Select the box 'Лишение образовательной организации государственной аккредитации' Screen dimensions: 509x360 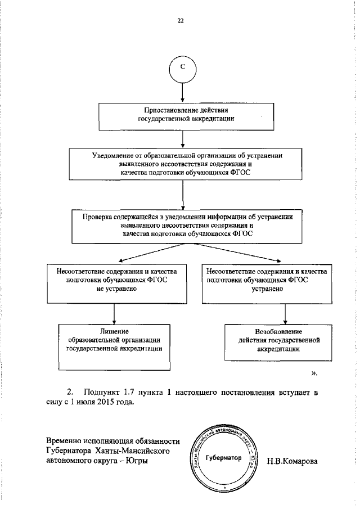pos(115,340)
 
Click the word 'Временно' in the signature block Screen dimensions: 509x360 pos(64,440)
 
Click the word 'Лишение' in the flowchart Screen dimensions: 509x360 pos(115,331)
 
